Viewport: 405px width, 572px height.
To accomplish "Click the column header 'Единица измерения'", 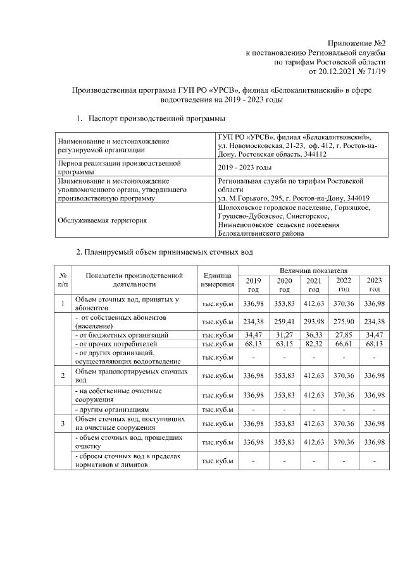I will [x=217, y=280].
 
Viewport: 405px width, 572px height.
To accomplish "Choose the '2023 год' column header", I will [x=375, y=284].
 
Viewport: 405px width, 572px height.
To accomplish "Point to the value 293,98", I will [x=313, y=321].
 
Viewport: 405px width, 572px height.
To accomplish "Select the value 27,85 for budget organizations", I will [x=344, y=334].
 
